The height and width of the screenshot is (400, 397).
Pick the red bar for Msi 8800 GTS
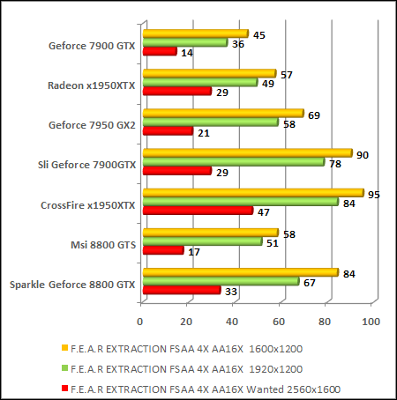pos(162,250)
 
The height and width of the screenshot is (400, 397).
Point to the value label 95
pos(373,194)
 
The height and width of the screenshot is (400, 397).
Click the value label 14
pos(185,53)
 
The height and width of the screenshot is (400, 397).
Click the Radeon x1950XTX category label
pos(92,85)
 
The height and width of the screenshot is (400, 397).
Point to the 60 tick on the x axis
pos(279,320)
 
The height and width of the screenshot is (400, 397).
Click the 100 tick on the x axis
pos(371,320)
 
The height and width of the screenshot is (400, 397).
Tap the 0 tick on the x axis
pos(141,320)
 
